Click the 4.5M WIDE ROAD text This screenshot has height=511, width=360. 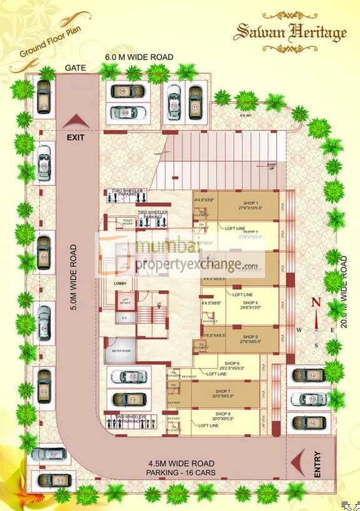point(181,464)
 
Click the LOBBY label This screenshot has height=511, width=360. point(120,284)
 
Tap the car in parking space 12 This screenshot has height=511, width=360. point(129,377)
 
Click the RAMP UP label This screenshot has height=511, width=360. point(271,166)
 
